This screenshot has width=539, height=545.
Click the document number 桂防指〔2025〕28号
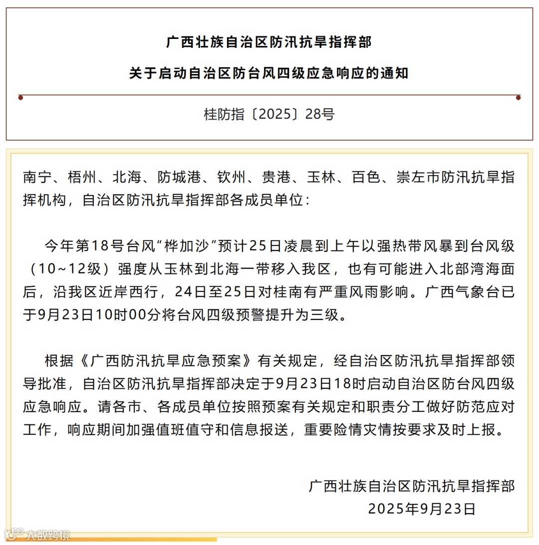click(269, 114)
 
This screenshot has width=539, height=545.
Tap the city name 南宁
click(37, 178)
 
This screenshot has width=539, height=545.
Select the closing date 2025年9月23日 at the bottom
click(422, 509)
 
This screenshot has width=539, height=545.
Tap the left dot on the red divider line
click(20, 97)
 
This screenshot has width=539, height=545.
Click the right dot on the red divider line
click(518, 97)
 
